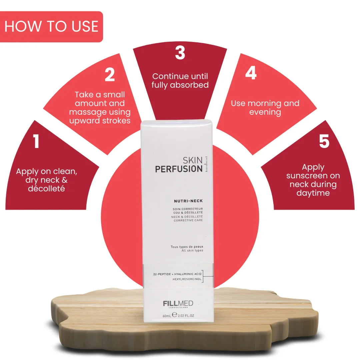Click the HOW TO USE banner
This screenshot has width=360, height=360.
point(51,27)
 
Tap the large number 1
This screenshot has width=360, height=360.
point(36,141)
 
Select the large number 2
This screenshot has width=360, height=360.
point(110,74)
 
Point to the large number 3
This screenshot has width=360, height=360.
point(180,53)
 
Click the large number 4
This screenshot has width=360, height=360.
point(251,73)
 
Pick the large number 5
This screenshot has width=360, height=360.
point(324,141)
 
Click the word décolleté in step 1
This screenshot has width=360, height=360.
point(46,188)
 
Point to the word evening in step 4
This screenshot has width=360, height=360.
point(265,112)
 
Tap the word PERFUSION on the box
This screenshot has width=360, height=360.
point(179,169)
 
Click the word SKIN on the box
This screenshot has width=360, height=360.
point(192,160)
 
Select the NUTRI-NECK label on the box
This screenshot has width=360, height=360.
point(188,201)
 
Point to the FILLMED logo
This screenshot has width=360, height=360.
point(178,304)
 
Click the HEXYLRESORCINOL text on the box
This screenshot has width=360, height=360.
point(187,279)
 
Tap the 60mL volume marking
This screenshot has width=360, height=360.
point(167,316)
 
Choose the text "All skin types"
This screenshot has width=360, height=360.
point(192,250)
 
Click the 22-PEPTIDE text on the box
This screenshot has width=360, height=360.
point(162,274)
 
